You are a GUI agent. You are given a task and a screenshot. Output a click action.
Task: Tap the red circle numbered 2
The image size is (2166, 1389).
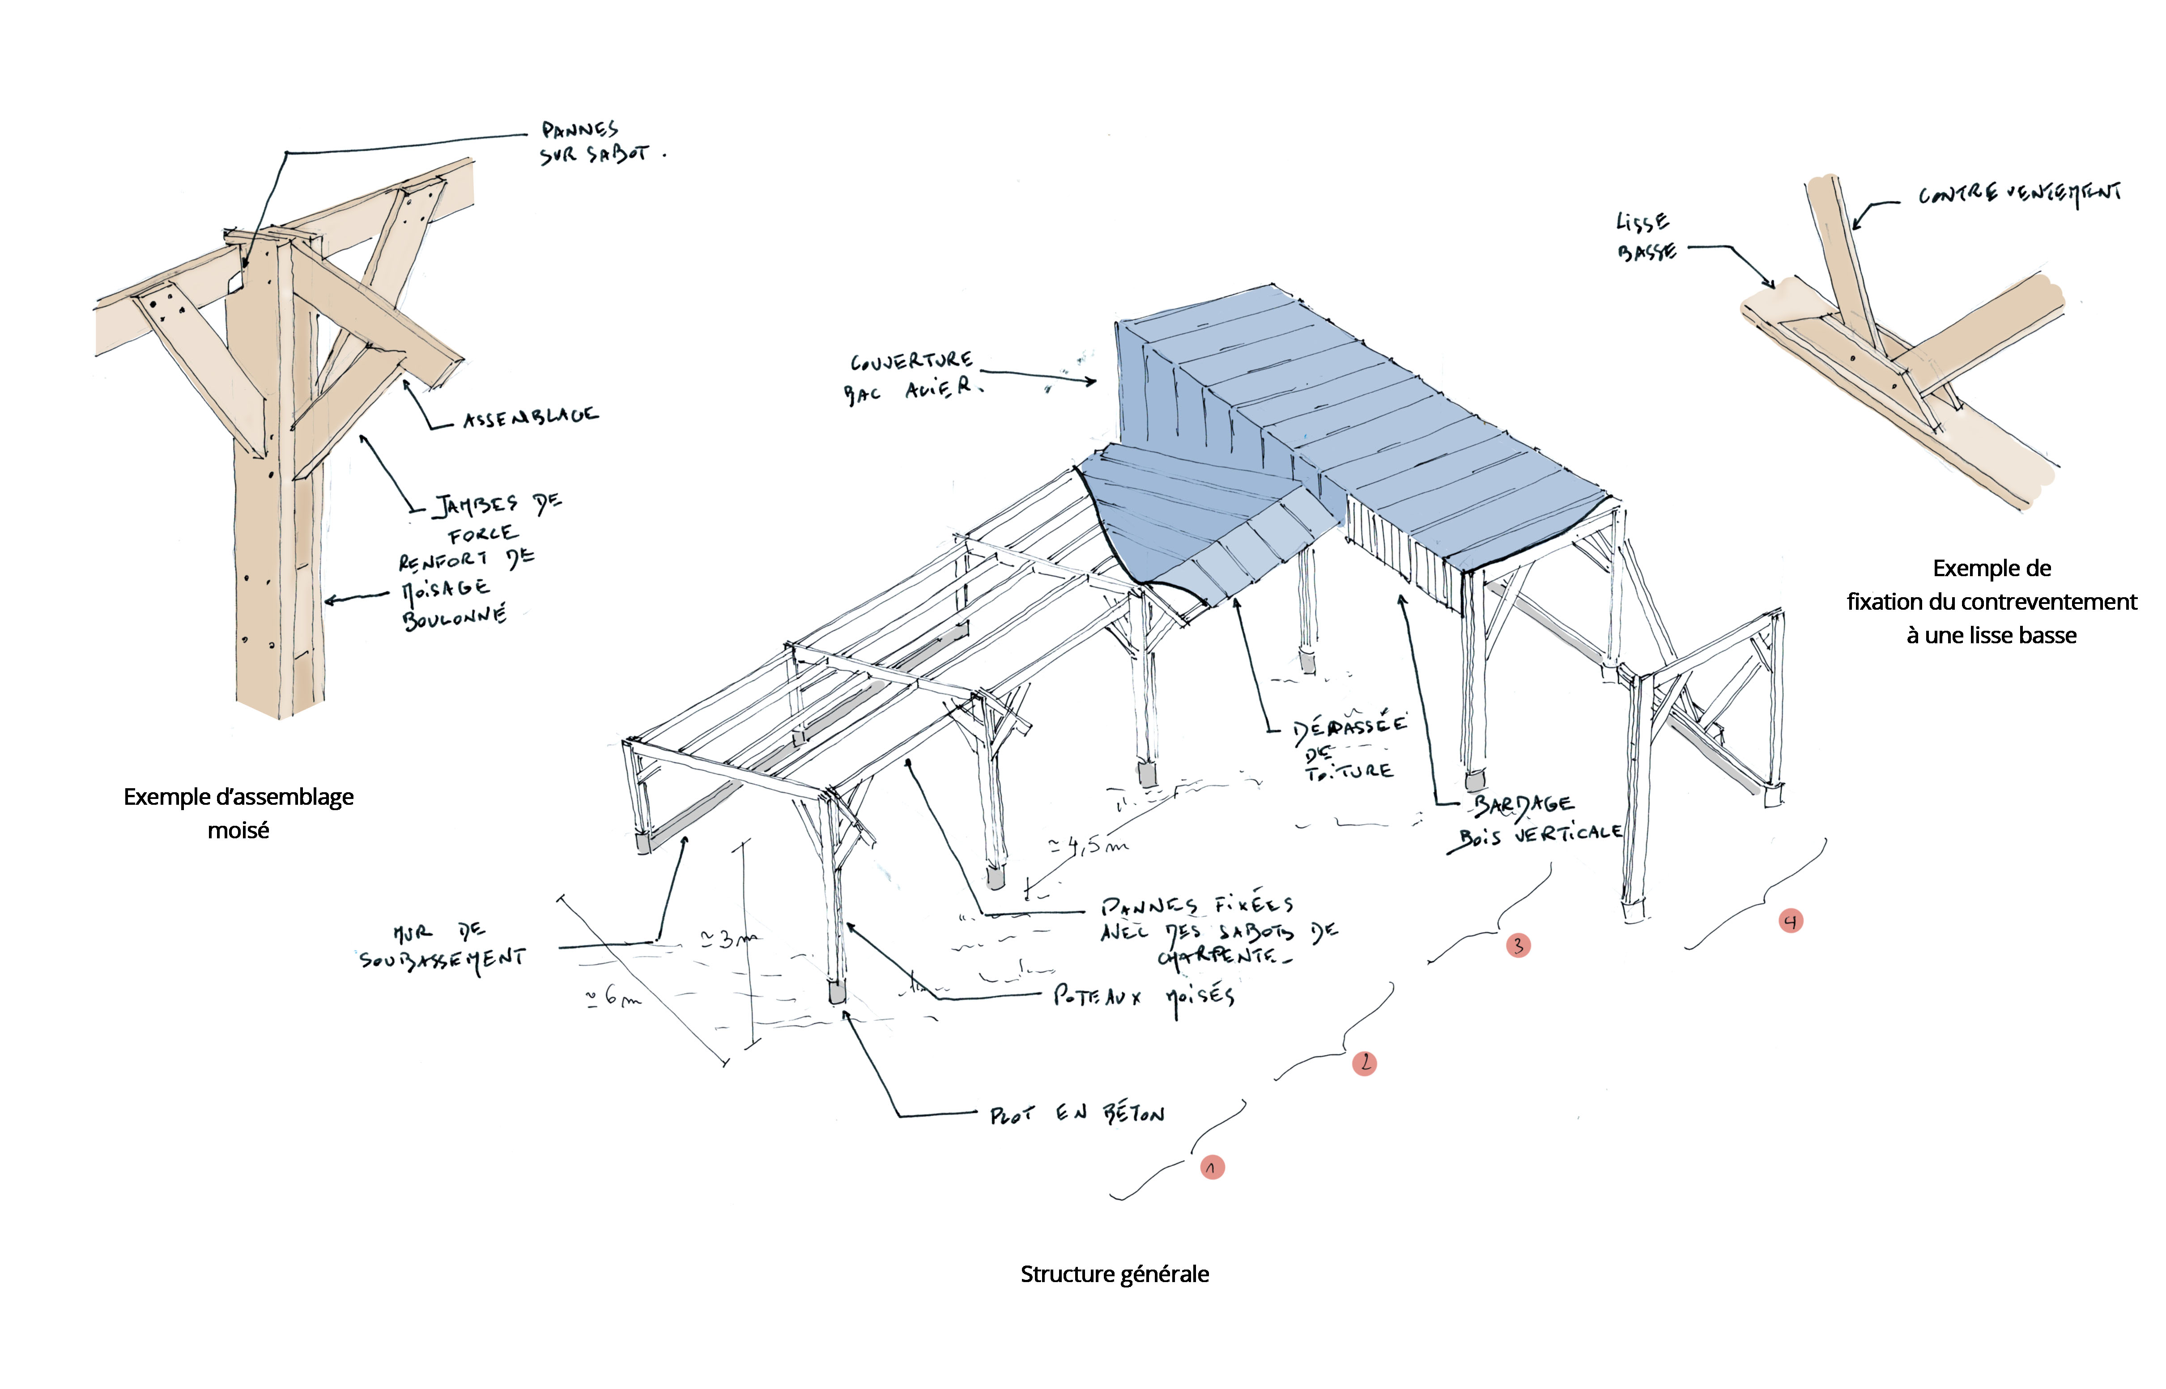click(1364, 1063)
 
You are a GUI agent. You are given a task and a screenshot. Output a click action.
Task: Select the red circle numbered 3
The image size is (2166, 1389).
click(1518, 945)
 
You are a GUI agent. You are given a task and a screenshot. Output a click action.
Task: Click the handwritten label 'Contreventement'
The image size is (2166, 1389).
click(2019, 194)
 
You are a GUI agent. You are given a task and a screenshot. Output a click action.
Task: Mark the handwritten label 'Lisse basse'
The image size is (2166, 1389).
click(1645, 236)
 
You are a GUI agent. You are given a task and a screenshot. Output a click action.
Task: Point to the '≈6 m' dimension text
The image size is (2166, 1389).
click(613, 998)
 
